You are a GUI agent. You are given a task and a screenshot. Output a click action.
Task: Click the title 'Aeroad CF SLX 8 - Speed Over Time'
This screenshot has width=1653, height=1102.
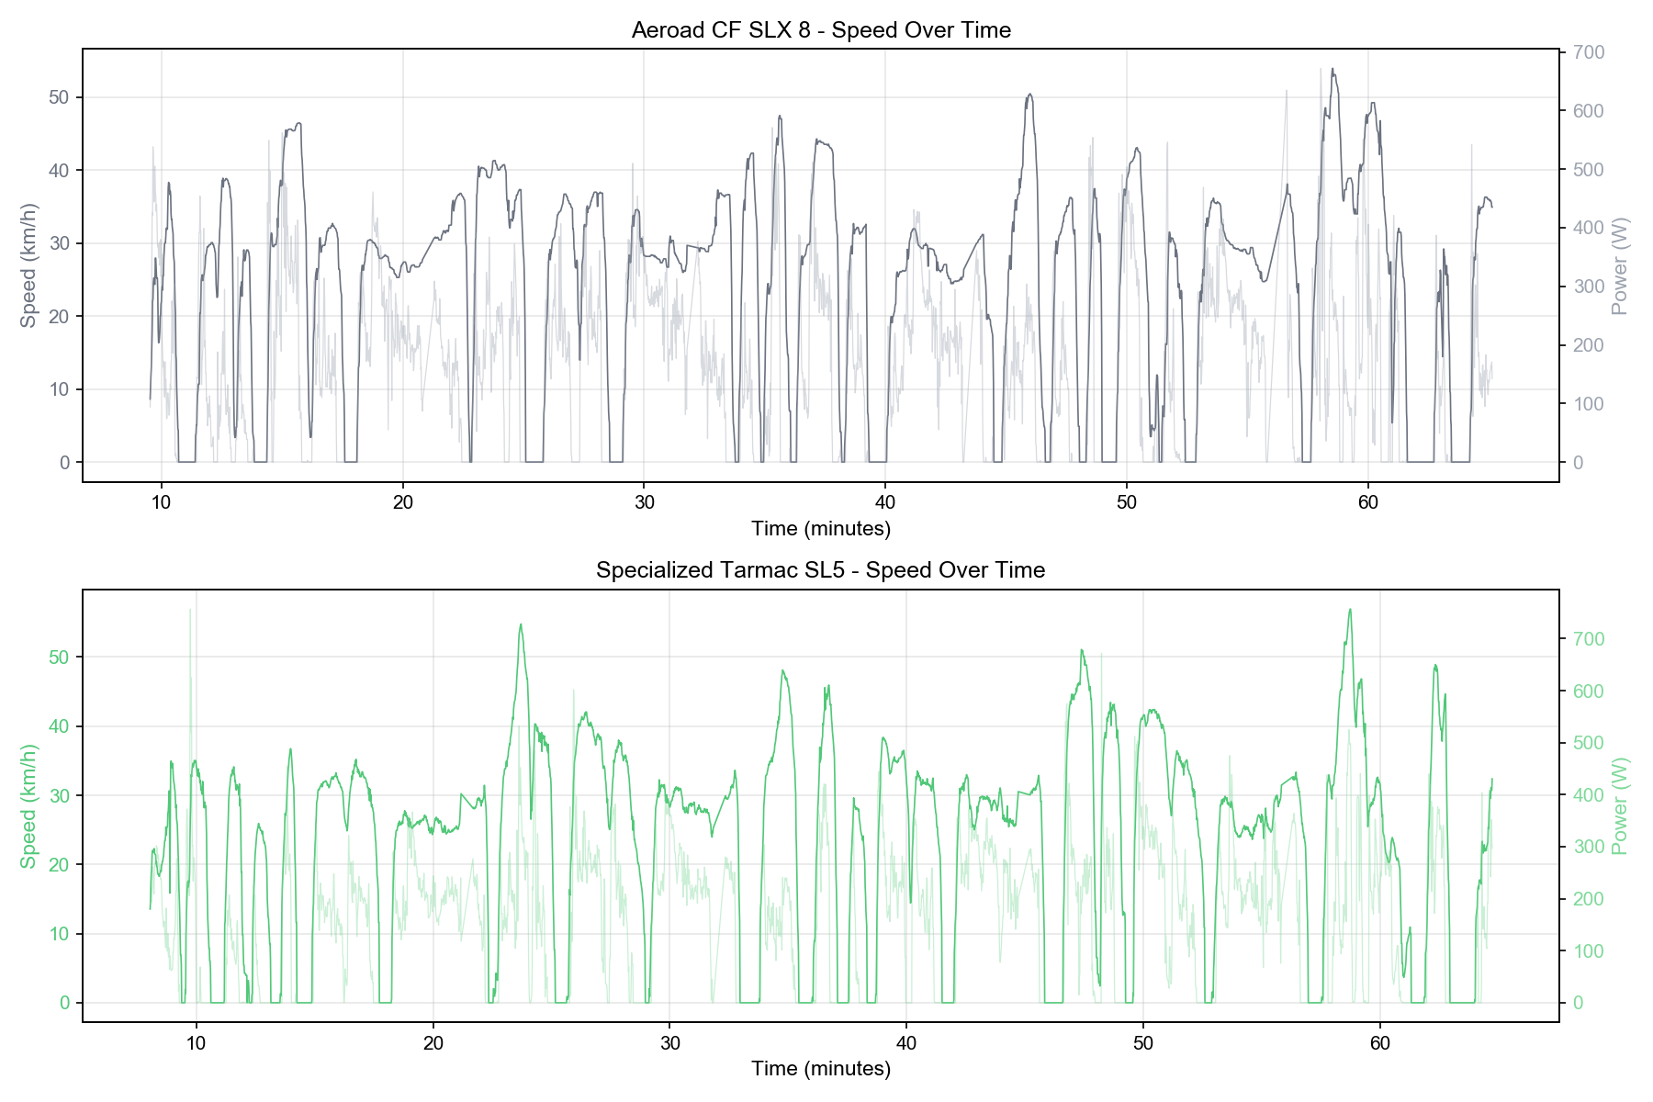[821, 30]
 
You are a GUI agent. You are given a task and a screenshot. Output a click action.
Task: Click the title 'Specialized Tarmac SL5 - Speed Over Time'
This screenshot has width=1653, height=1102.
[820, 570]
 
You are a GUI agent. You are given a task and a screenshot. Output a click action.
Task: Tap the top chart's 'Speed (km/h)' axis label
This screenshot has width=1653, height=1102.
[28, 265]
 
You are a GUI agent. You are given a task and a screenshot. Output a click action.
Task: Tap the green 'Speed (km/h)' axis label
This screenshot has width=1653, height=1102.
[28, 805]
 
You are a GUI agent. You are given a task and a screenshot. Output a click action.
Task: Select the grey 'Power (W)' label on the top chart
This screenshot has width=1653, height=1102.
[1620, 265]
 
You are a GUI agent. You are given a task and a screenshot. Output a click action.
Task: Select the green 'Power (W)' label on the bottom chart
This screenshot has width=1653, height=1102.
[1620, 805]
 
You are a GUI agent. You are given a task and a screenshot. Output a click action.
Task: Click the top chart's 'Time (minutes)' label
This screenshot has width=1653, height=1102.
[821, 528]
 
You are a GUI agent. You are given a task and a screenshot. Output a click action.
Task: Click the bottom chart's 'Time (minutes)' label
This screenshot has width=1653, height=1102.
[821, 1068]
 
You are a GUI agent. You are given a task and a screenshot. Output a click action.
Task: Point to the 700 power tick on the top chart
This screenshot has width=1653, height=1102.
[1589, 52]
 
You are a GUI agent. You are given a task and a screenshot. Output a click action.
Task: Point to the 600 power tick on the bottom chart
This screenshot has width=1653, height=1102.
[1589, 692]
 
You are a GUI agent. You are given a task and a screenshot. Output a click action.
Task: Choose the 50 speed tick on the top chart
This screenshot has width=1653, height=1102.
[60, 97]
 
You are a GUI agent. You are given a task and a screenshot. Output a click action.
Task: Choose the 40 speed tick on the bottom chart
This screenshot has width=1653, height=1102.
[60, 726]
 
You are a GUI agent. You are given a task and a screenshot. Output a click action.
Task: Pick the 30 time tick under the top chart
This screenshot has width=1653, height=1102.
[644, 501]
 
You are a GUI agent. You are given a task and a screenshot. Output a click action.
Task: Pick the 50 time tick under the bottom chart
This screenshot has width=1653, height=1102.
[1142, 1042]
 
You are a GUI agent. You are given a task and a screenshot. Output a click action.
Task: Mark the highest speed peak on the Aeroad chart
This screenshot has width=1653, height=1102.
[1333, 69]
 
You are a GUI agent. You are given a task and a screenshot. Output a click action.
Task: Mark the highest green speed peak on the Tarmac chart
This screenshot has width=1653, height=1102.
[1349, 610]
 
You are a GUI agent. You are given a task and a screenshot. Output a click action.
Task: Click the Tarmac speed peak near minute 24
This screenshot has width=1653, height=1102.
[521, 624]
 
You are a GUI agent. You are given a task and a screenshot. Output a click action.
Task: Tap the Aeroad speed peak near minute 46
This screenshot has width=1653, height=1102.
[1029, 94]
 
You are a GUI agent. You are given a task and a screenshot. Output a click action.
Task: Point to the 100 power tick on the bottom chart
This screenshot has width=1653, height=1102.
[1589, 951]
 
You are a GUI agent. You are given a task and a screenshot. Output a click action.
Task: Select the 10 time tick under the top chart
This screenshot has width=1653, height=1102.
[162, 501]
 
